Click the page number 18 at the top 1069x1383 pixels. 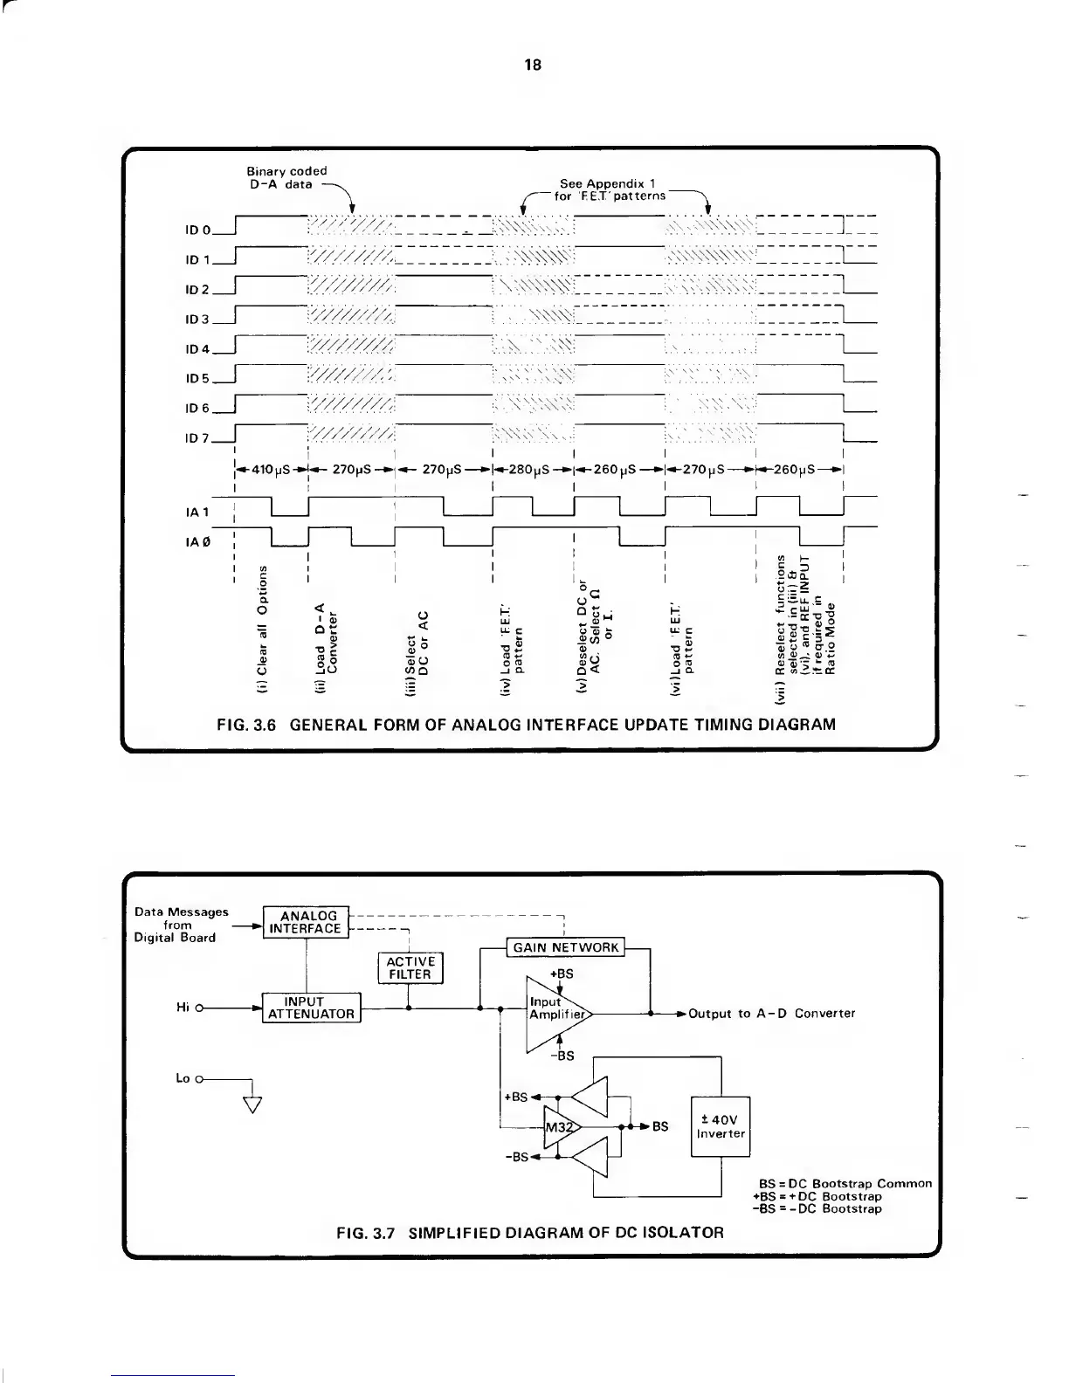(533, 65)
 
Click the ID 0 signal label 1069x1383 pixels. (199, 231)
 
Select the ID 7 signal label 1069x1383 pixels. (199, 438)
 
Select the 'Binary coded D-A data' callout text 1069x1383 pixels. (286, 177)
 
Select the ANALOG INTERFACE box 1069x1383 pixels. (305, 922)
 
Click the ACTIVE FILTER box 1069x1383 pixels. (410, 967)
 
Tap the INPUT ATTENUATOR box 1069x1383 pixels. (312, 1008)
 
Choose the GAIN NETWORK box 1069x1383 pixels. (566, 947)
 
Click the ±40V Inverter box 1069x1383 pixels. (721, 1126)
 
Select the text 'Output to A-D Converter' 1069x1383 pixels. (771, 1014)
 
